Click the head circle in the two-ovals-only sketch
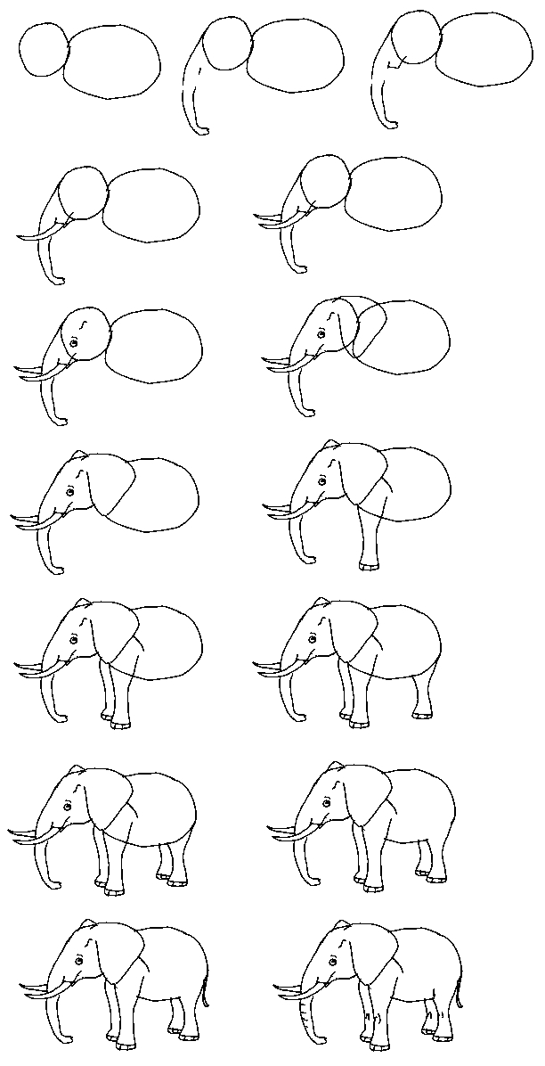pos(43,49)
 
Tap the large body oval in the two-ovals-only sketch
pos(113,61)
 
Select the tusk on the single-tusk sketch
pos(40,234)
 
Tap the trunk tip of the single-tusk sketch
pos(58,281)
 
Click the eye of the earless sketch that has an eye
pos(74,343)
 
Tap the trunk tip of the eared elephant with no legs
pos(58,569)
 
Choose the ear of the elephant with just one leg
pos(361,481)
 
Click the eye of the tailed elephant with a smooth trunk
pos(78,962)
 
